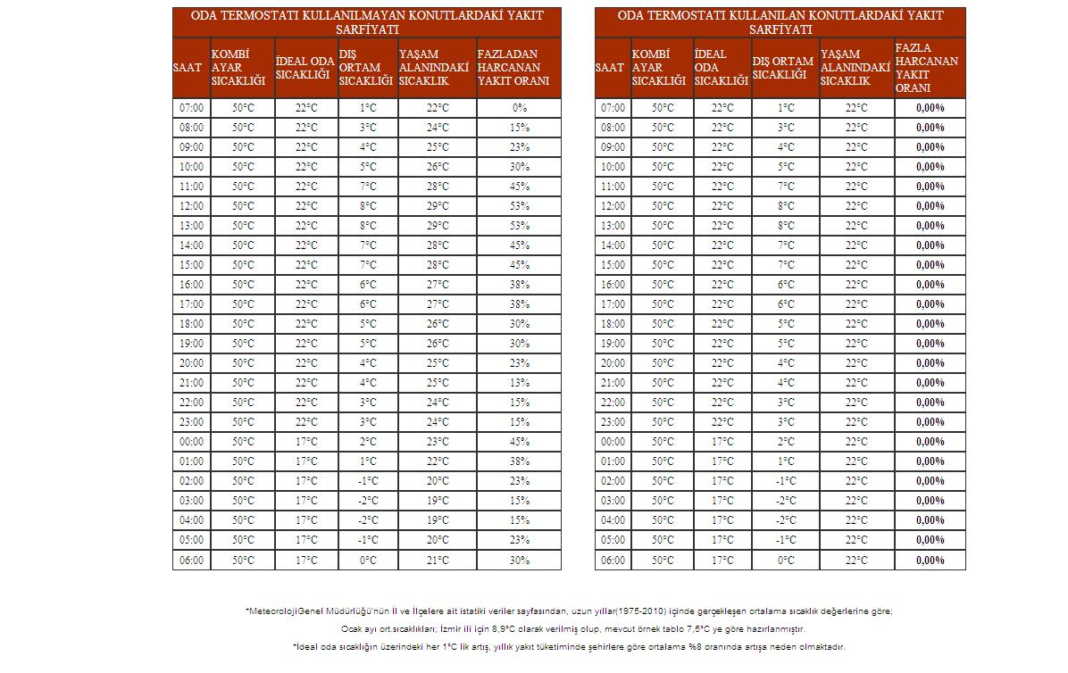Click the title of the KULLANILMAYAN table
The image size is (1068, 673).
(x=367, y=22)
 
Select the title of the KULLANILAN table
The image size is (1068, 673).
(x=780, y=22)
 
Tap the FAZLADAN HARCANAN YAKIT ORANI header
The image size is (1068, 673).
(x=519, y=68)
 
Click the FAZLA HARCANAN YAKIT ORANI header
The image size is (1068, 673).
(x=929, y=68)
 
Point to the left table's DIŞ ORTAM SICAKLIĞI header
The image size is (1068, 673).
(x=367, y=68)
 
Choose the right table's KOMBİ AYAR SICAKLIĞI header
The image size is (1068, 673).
(x=662, y=68)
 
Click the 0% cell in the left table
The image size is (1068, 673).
(x=519, y=108)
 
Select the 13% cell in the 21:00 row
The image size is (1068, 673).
(x=519, y=383)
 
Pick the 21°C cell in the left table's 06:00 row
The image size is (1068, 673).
(x=438, y=560)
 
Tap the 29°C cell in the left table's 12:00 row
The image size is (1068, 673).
(x=438, y=206)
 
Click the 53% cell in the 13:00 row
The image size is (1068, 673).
(x=519, y=226)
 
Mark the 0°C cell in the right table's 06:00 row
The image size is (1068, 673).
(x=785, y=560)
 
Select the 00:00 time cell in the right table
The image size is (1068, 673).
(x=613, y=442)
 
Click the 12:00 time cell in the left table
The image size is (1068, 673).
(x=191, y=206)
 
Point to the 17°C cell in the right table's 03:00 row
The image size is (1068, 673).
(x=722, y=501)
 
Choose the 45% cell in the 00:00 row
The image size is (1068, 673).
(x=519, y=442)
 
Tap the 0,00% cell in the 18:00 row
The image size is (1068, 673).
(x=929, y=324)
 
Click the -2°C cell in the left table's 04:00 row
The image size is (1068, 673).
(x=367, y=520)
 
